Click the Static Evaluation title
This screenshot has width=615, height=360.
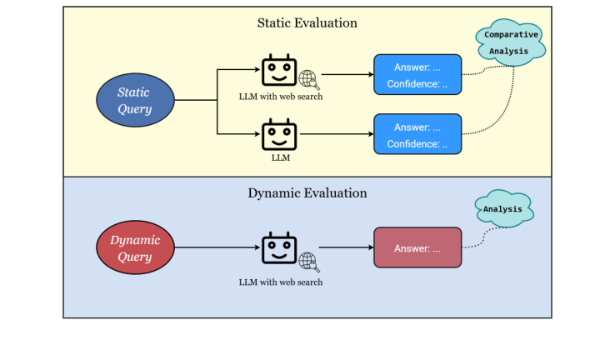point(307,22)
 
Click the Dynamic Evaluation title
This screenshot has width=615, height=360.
point(307,192)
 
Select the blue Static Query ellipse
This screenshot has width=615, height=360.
point(136,101)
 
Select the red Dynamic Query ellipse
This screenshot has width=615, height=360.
point(136,247)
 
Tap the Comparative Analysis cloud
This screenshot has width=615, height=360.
point(511,42)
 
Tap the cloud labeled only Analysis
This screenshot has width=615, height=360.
point(503,210)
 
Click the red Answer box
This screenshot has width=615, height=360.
point(417,247)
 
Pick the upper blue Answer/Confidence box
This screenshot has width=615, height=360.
point(417,75)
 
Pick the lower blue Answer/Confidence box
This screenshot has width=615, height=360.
point(417,135)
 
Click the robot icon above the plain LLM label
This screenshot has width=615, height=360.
point(279,134)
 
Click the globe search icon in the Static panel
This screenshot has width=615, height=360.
point(309,80)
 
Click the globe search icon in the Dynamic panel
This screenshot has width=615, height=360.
point(309,261)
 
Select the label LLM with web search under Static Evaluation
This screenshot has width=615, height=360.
point(280,97)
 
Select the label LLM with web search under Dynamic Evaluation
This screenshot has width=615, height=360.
point(280,282)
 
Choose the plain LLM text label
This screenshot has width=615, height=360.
point(280,157)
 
